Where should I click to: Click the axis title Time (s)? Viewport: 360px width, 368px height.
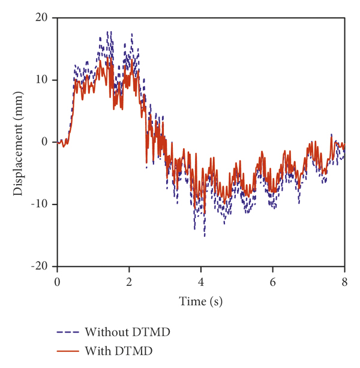click(200, 301)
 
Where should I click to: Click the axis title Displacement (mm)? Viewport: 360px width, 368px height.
click(19, 142)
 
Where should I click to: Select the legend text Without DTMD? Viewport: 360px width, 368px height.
click(124, 331)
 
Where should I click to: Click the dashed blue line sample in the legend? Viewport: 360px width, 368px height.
click(67, 331)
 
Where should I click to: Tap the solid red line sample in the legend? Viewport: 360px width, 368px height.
click(67, 351)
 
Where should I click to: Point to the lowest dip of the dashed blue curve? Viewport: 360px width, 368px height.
click(205, 236)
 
